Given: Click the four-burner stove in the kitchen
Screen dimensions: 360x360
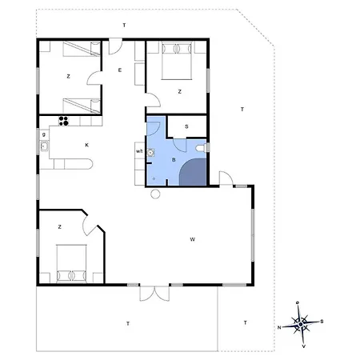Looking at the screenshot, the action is [64, 121].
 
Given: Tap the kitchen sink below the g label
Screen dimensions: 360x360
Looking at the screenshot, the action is [44, 146].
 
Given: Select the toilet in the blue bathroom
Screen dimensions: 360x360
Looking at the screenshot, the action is [202, 148].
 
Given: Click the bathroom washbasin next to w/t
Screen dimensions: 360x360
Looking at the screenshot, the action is [150, 152].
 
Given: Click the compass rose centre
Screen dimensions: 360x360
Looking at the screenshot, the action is [301, 324].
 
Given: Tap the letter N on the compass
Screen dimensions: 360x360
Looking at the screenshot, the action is [279, 327].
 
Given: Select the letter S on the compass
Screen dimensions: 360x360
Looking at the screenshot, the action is [322, 322].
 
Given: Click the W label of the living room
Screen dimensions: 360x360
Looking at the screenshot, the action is [192, 239].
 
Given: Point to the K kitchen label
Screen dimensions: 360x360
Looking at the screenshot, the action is [86, 145].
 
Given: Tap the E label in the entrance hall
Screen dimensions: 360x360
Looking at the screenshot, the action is [120, 70].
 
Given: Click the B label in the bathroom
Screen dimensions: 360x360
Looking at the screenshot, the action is [174, 160].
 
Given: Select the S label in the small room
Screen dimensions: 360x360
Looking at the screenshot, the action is [186, 126].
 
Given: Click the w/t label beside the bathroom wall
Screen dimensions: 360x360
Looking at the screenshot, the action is [139, 151].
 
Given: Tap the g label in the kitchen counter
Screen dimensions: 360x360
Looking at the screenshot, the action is [44, 134].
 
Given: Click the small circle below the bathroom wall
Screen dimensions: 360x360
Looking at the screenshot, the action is [155, 194].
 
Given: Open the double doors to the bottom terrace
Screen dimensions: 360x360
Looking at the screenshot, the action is [154, 294].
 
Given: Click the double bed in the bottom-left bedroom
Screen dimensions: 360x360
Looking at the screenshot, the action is [71, 263].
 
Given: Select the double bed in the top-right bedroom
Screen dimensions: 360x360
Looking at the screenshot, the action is [177, 60].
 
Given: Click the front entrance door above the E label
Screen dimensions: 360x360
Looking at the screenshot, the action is [116, 46].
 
